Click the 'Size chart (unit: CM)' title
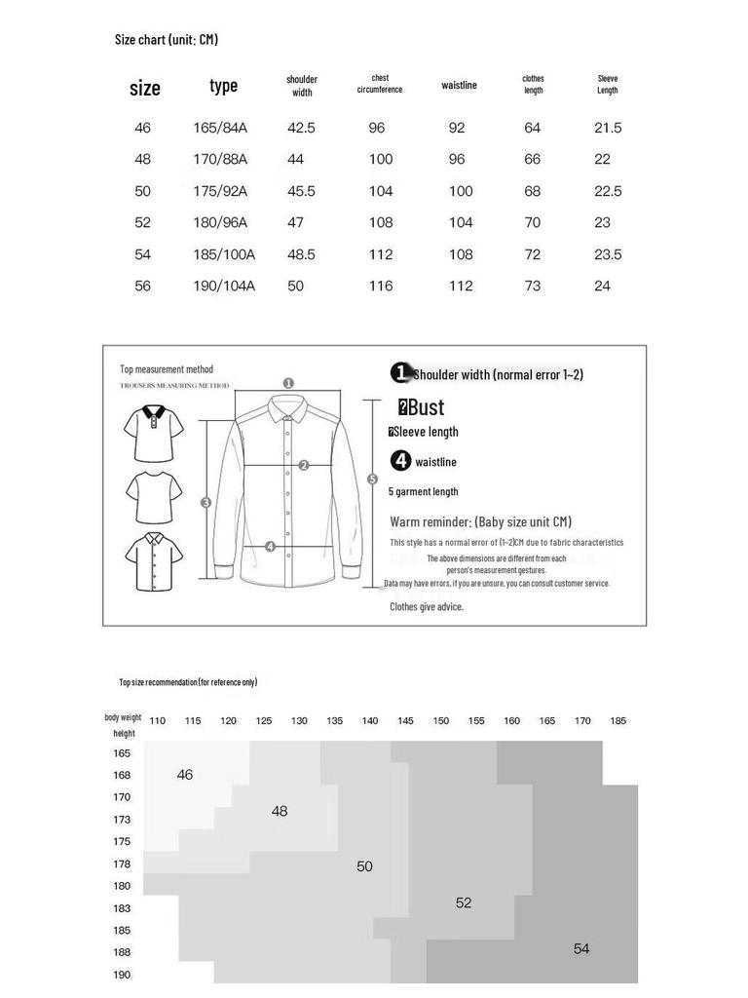click(x=166, y=39)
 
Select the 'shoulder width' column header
click(x=302, y=86)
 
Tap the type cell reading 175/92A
click(x=220, y=191)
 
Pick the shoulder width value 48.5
click(x=301, y=254)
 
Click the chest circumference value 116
click(x=381, y=286)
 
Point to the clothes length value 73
click(x=533, y=286)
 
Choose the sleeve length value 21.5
click(x=608, y=128)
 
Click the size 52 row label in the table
click(x=142, y=223)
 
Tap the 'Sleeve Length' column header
click(x=608, y=84)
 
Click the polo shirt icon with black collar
click(x=154, y=434)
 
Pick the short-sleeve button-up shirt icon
click(x=154, y=561)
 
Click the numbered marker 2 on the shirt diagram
click(x=304, y=465)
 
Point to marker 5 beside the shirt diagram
click(x=372, y=480)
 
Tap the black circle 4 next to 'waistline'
click(x=400, y=460)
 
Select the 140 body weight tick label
click(x=370, y=720)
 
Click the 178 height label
click(x=122, y=864)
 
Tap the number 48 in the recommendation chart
click(x=280, y=811)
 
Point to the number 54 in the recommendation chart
click(x=581, y=948)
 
